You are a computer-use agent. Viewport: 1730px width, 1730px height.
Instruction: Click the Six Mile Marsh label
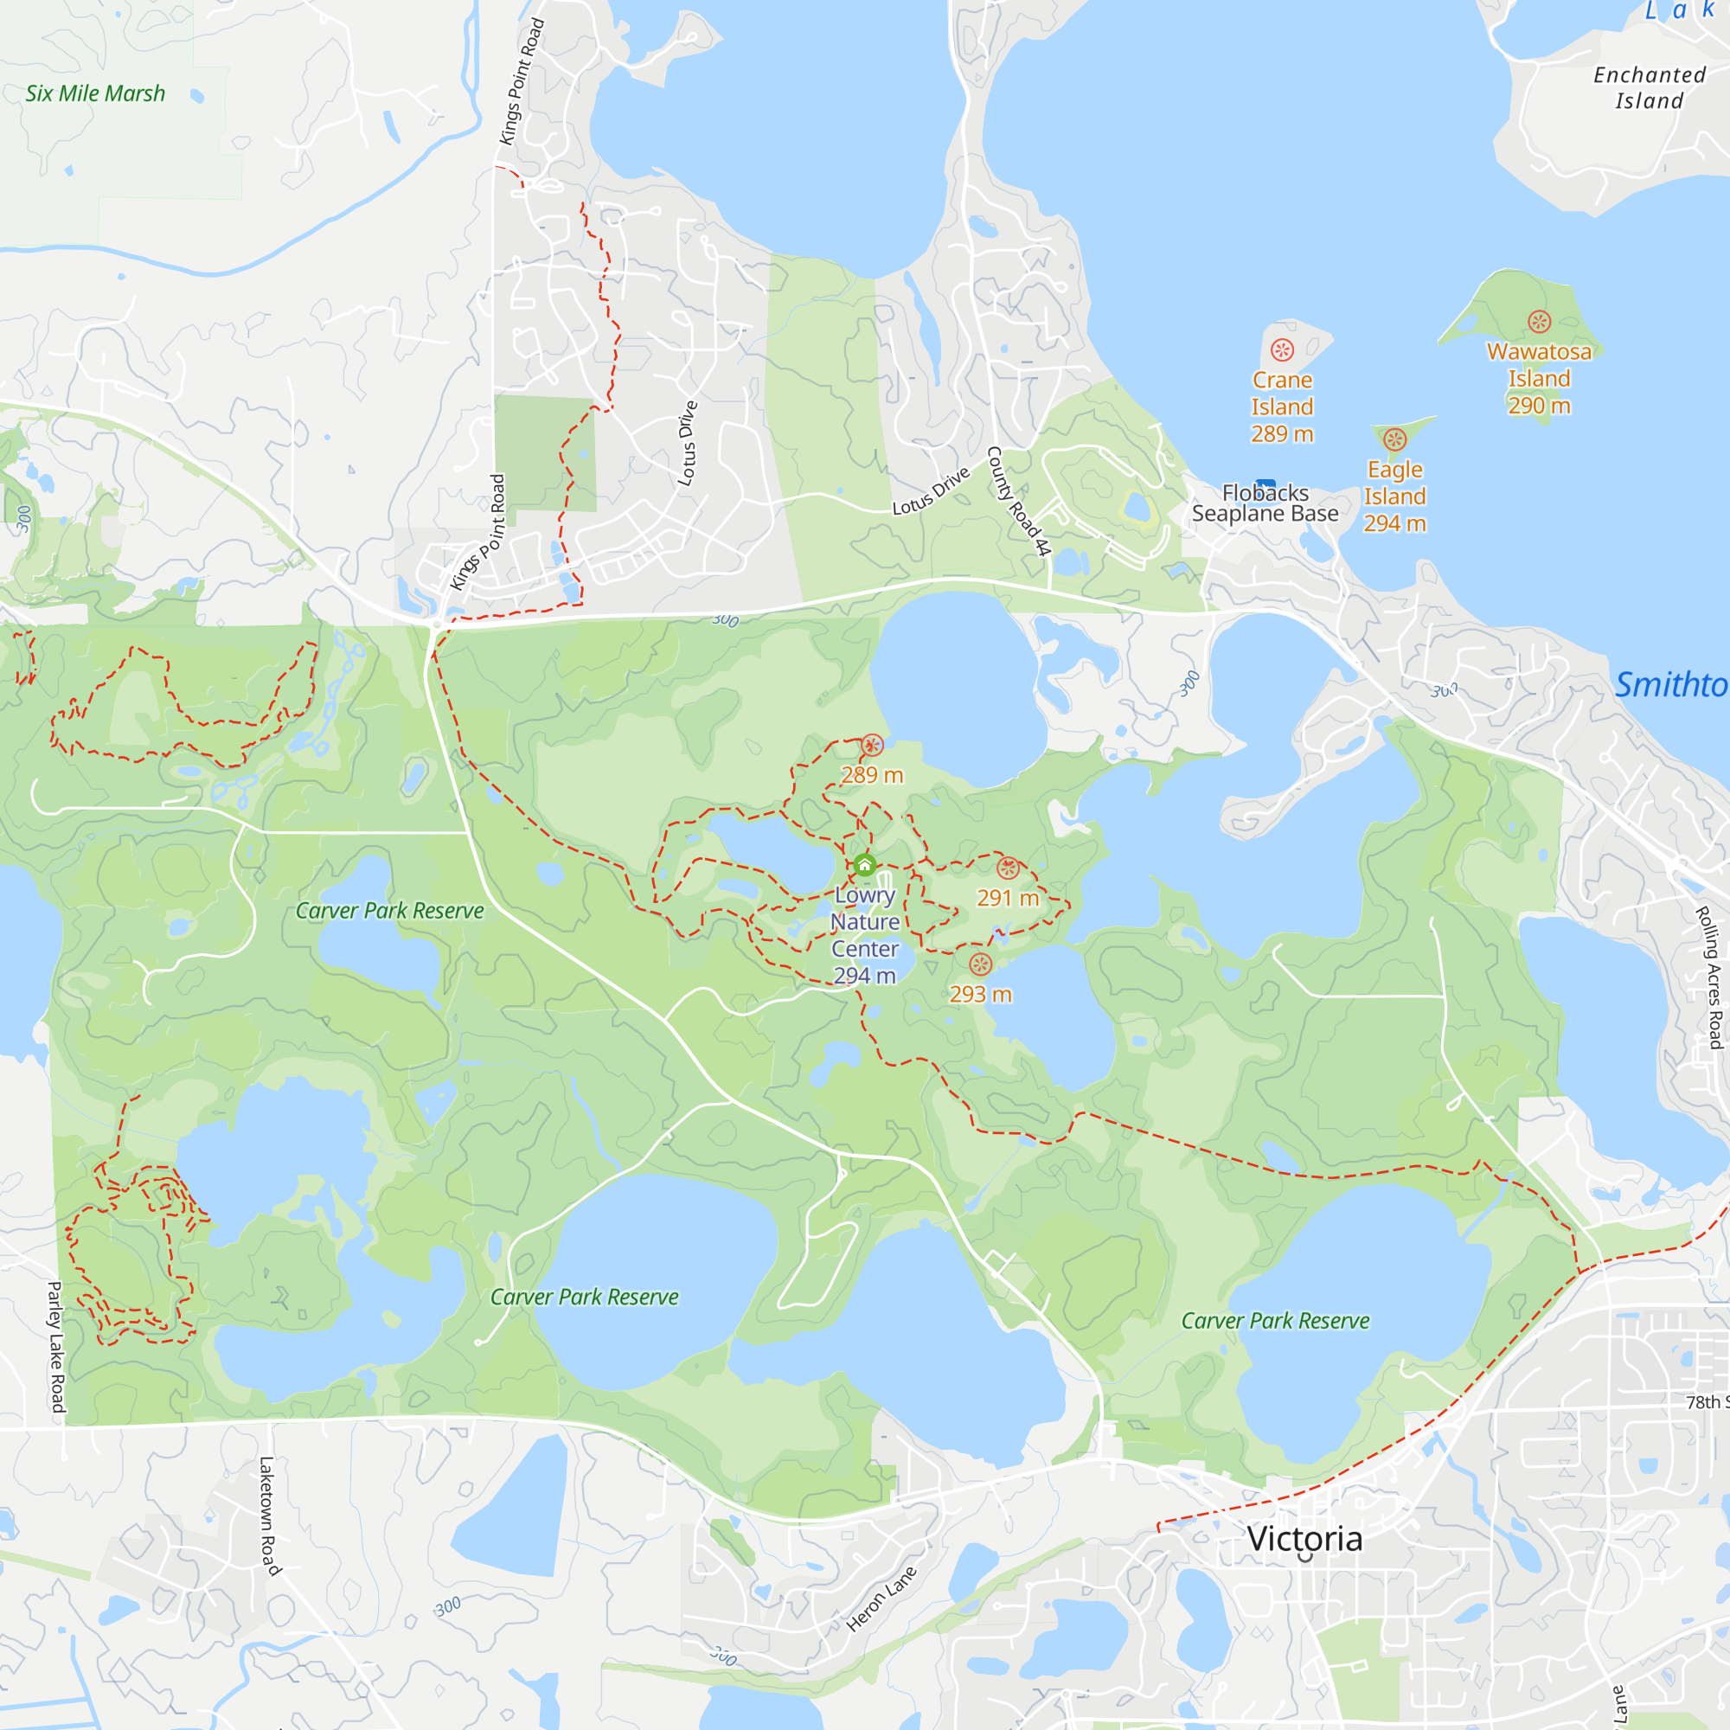(95, 93)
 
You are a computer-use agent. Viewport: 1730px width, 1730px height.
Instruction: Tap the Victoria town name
(1304, 1538)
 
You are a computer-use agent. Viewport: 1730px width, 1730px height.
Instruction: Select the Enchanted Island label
(1650, 87)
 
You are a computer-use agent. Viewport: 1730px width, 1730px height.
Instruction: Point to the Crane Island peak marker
(1282, 350)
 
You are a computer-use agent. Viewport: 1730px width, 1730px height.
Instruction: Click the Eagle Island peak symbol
(1395, 439)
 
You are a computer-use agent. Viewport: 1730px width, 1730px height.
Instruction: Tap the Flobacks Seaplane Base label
(1265, 503)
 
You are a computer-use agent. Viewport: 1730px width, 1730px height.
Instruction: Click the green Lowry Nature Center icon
(865, 865)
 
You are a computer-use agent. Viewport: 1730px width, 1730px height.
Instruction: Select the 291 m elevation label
(1008, 898)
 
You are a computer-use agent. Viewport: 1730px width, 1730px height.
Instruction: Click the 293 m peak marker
(981, 964)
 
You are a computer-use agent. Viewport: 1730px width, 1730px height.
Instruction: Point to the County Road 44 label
(1017, 501)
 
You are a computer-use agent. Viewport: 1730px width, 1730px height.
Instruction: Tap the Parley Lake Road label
(55, 1347)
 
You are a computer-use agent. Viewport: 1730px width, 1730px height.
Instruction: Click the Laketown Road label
(269, 1515)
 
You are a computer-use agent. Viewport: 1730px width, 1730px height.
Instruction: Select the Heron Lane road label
(881, 1599)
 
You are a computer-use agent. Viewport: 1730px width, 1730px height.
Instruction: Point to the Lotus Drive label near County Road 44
(932, 490)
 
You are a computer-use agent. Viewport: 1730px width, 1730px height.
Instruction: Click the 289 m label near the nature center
(871, 775)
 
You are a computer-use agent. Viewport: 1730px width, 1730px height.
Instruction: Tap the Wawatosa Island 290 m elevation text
(1540, 406)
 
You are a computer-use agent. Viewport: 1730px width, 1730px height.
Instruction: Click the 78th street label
(1707, 1401)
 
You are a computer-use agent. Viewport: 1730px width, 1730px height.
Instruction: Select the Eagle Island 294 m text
(1395, 524)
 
